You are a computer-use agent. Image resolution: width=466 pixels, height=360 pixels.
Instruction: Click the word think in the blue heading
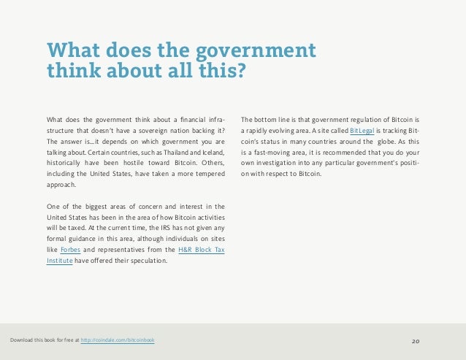74,72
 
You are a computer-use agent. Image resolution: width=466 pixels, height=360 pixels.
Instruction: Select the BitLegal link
363,130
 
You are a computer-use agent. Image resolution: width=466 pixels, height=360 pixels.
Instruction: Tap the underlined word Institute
59,261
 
